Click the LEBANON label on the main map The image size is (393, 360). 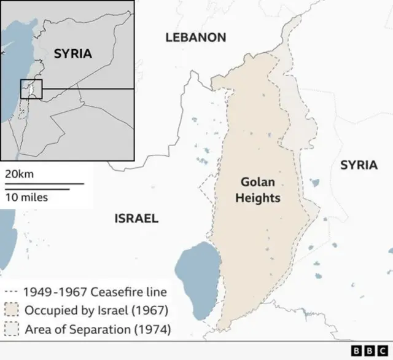195,37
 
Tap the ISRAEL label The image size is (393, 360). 136,218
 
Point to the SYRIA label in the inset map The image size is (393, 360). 72,53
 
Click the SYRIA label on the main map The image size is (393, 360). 359,165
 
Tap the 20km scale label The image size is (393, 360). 19,174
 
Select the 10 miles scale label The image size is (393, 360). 26,197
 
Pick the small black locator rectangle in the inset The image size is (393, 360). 31,89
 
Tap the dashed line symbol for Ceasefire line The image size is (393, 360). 10,292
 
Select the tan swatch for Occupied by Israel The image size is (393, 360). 11,310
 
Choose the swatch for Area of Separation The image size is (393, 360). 11,330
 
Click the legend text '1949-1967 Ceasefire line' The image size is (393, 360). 95,292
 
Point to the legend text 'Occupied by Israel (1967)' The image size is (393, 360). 96,310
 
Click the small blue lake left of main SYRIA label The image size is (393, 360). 314,182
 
